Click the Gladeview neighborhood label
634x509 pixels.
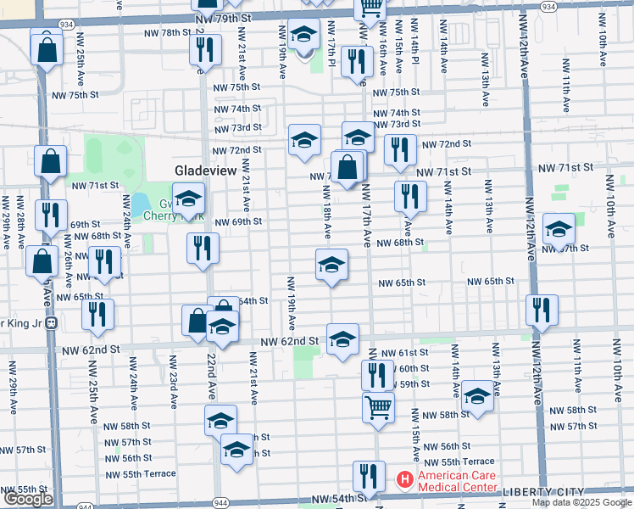204,171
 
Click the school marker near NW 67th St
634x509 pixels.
559,229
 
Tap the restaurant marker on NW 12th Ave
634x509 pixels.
541,310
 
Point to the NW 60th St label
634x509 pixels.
414,368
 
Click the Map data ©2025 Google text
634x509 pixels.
581,502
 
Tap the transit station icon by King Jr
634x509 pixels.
51,322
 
